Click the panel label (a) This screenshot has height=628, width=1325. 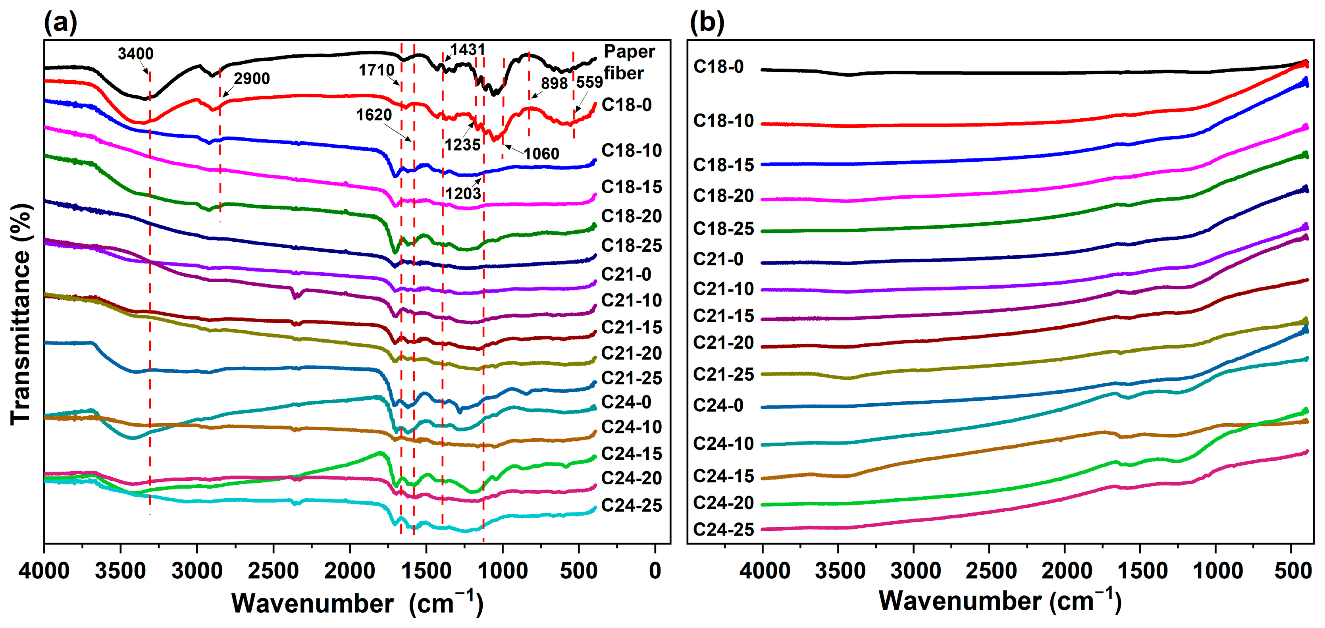click(x=60, y=23)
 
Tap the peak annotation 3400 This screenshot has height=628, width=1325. click(x=135, y=54)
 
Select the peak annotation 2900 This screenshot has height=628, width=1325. click(x=252, y=79)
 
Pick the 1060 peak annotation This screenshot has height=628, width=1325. click(x=541, y=154)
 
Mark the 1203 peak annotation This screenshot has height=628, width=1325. click(x=463, y=194)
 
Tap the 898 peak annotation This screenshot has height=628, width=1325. click(x=554, y=83)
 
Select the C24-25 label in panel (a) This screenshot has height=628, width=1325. click(x=631, y=506)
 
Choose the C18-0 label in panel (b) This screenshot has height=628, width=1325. click(x=718, y=67)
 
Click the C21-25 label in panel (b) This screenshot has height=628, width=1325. click(x=723, y=374)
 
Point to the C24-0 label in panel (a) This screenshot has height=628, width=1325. click(x=626, y=402)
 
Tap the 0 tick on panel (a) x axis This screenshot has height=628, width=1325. click(x=655, y=571)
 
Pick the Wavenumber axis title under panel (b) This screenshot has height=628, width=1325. click(x=1000, y=601)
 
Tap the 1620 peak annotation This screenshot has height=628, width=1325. click(x=374, y=115)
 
